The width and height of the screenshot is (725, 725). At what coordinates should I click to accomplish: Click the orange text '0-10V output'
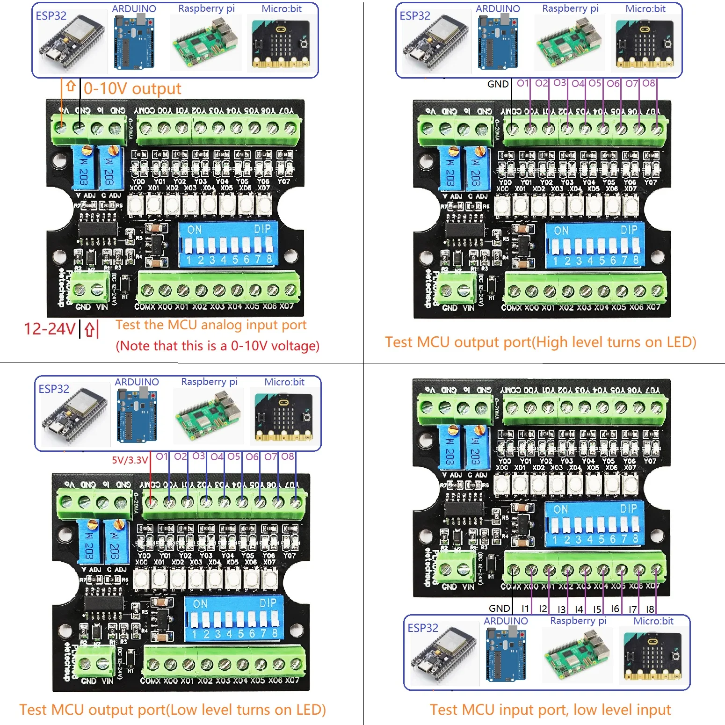(132, 88)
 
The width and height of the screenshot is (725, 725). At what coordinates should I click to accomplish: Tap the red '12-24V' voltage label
(50, 329)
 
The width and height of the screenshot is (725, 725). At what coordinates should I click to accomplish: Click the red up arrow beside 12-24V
(89, 330)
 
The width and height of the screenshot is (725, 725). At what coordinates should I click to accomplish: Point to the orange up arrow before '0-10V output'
(71, 87)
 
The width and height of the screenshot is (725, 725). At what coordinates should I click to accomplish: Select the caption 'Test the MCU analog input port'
(211, 325)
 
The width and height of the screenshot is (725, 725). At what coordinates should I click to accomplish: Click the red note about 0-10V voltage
(217, 346)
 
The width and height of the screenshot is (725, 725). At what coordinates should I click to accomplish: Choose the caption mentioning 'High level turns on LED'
(541, 342)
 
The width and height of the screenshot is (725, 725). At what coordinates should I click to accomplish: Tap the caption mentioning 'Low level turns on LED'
(173, 710)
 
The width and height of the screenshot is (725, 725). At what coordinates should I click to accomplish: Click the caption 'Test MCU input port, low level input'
(550, 710)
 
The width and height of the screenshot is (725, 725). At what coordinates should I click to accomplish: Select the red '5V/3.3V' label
(130, 460)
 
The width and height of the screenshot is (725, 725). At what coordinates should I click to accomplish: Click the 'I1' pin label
(525, 609)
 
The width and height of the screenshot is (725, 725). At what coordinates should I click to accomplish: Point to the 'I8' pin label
(650, 609)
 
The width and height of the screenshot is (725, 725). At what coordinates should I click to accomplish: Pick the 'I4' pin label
(579, 609)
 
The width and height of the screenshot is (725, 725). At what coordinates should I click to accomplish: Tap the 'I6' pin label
(615, 609)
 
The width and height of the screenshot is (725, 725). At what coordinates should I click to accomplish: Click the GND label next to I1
(499, 608)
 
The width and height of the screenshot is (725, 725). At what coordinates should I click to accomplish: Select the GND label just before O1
(498, 84)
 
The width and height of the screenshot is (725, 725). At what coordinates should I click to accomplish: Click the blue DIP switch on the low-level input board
(594, 524)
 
